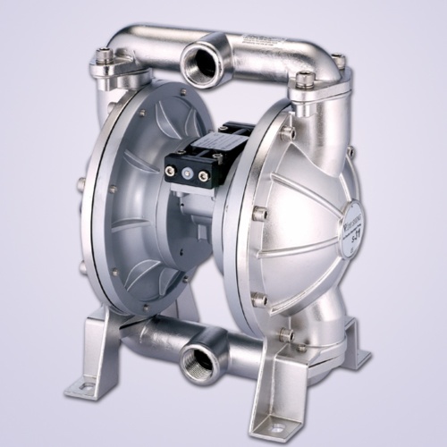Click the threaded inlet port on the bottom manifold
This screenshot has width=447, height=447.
pyautogui.click(x=197, y=361)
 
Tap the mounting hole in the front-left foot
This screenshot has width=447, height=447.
pyautogui.click(x=89, y=386)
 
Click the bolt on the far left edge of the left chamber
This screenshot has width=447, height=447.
pyautogui.click(x=81, y=185)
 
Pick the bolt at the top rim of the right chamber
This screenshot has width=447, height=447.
pyautogui.click(x=289, y=131)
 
